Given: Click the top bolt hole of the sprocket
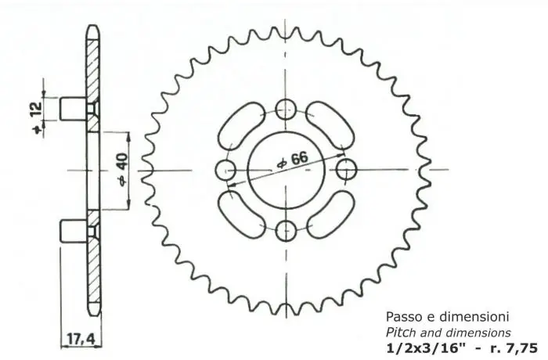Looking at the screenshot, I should click(287, 109).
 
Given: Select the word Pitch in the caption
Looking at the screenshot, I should click(402, 333).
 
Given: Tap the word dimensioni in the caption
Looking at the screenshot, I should click(472, 318).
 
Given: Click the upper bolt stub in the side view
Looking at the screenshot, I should click(76, 106).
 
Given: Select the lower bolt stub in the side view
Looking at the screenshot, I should click(76, 231).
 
